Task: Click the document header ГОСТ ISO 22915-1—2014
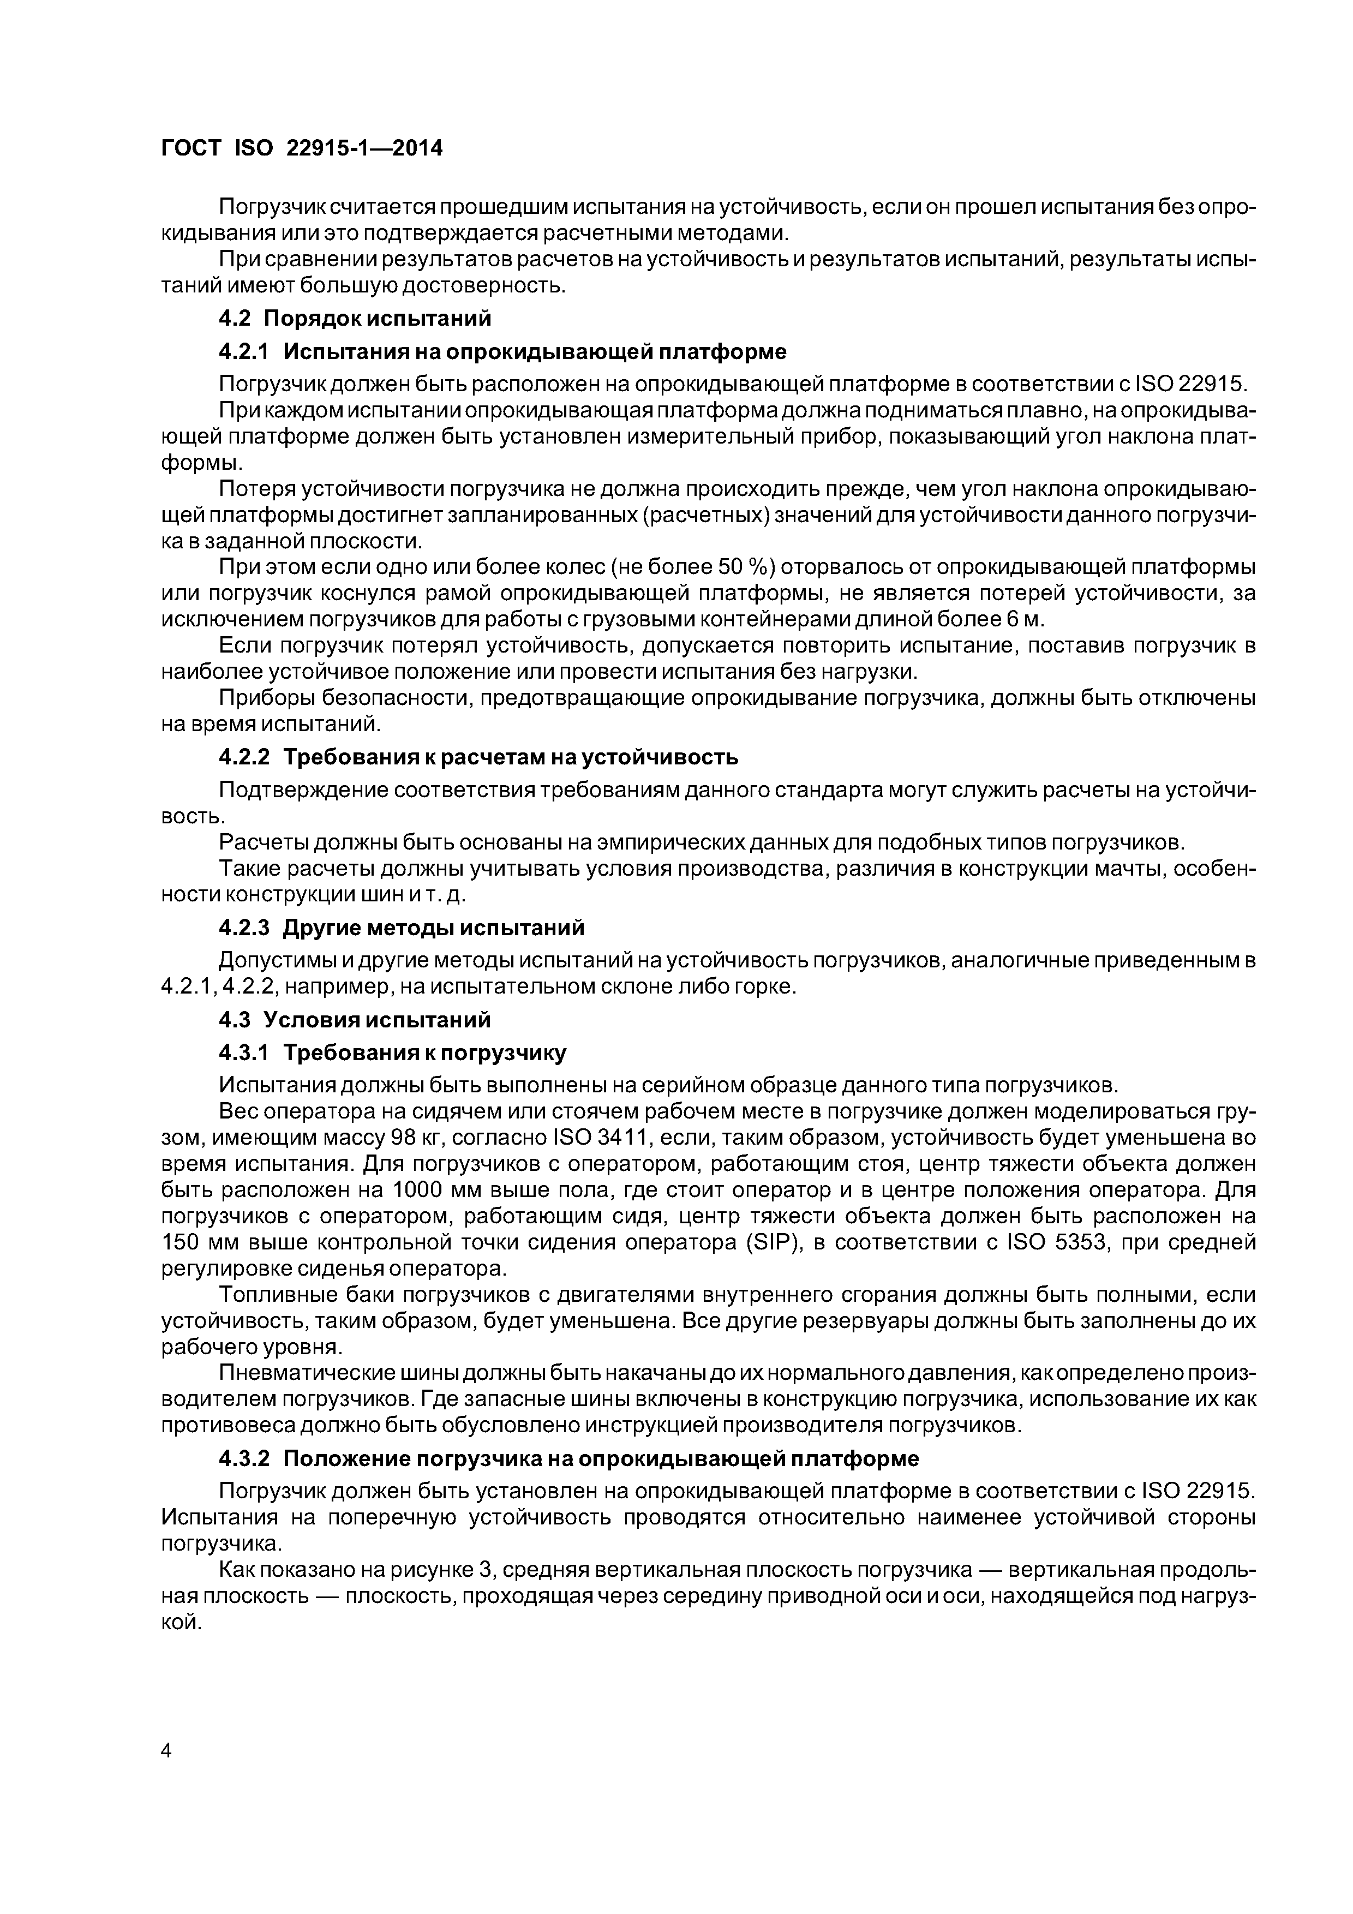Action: [301, 148]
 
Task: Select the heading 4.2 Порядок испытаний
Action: [355, 319]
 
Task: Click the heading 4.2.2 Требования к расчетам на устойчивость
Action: [478, 757]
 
